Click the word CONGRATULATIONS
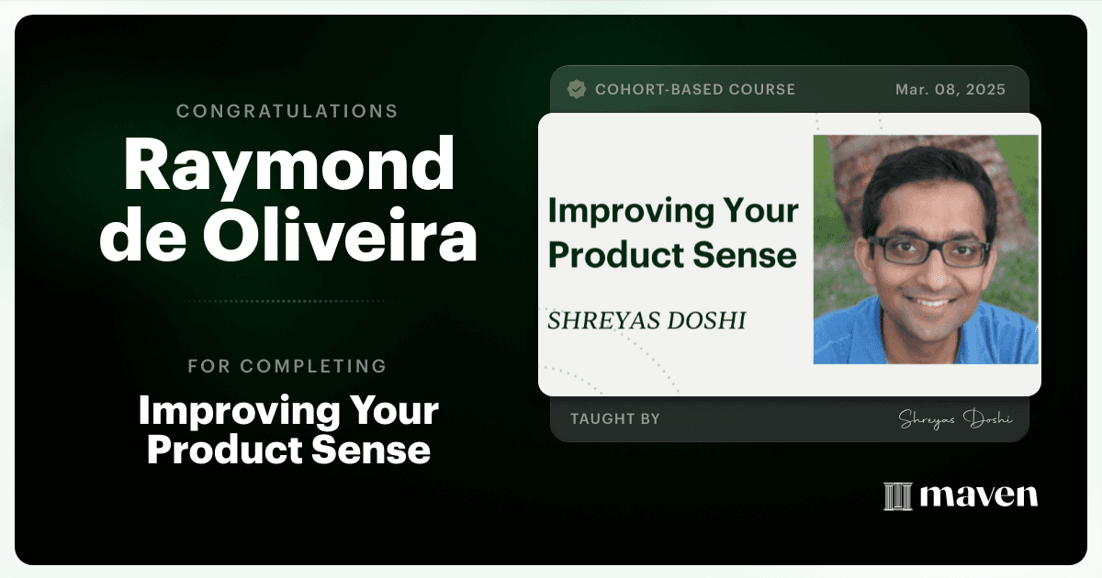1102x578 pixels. tap(287, 111)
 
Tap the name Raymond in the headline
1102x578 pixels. tap(288, 164)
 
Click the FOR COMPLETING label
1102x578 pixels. tap(287, 366)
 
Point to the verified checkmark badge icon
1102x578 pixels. tap(576, 90)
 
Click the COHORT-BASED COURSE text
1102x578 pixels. tap(695, 90)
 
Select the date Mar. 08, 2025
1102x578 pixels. tap(950, 90)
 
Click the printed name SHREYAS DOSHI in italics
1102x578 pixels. tap(647, 320)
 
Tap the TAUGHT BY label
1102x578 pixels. tap(615, 418)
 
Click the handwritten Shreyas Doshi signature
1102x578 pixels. tap(955, 419)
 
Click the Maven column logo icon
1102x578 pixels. tap(898, 496)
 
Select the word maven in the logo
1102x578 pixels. tap(979, 495)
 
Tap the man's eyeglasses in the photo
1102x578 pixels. tap(929, 251)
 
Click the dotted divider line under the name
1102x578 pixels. tap(288, 301)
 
